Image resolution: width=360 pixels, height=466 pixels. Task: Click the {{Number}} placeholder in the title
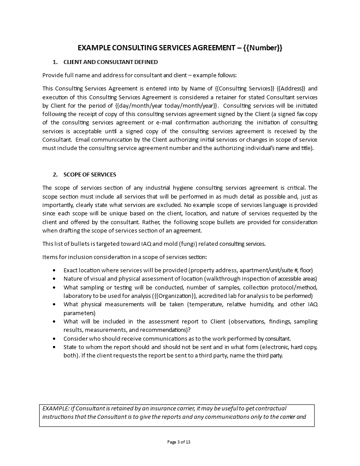[x=262, y=48]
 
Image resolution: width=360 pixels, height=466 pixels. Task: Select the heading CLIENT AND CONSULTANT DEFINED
[x=110, y=62]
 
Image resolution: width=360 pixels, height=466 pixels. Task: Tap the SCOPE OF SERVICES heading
[x=90, y=174]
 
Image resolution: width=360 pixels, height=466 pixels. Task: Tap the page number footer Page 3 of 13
[x=179, y=442]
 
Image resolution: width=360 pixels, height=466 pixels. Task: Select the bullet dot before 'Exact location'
[x=54, y=270]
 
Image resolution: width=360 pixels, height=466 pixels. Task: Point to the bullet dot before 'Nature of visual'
[x=54, y=279]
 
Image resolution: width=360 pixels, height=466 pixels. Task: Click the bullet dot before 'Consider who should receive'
[x=54, y=338]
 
